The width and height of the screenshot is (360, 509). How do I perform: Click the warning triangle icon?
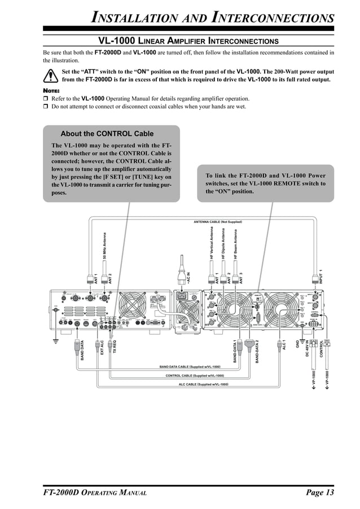pyautogui.click(x=51, y=76)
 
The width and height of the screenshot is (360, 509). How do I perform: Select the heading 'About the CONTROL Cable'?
pyautogui.click(x=107, y=134)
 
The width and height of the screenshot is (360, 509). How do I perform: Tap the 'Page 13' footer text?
pyautogui.click(x=320, y=493)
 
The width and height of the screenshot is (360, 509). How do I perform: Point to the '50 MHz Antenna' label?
pyautogui.click(x=105, y=245)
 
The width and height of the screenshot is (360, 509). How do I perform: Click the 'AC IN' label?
pyautogui.click(x=189, y=278)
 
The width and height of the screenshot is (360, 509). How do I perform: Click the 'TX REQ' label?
pyautogui.click(x=113, y=347)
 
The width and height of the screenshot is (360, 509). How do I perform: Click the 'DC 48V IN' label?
pyautogui.click(x=308, y=348)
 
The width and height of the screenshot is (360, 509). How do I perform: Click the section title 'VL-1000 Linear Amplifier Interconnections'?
pyautogui.click(x=188, y=41)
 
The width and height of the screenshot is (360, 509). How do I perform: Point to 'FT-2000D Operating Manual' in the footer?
pyautogui.click(x=95, y=493)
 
